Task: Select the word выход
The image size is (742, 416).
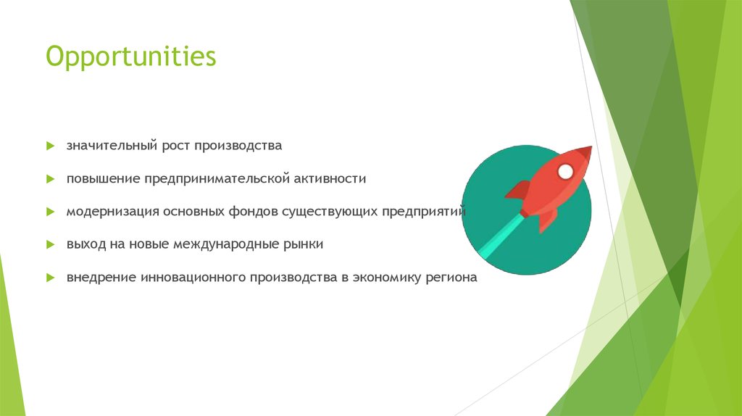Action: coord(86,244)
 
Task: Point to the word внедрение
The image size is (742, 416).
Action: coord(99,278)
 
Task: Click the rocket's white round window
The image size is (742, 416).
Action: coord(565,172)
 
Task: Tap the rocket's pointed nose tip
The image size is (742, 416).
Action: coord(589,149)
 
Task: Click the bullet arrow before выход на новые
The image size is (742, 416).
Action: coord(50,245)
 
